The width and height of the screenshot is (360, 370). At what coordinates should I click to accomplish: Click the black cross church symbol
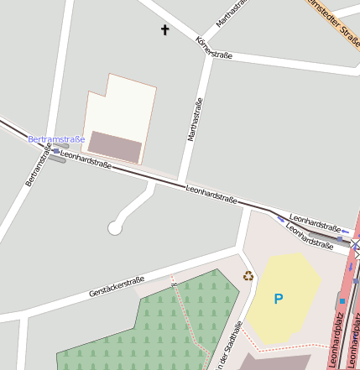164,30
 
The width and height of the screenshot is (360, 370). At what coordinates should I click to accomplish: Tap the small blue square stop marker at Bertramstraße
56,151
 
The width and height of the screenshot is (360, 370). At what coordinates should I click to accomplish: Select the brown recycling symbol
248,275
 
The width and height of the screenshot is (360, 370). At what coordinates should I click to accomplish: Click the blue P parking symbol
279,299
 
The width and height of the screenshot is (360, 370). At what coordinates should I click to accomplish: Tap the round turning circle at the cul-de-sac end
115,227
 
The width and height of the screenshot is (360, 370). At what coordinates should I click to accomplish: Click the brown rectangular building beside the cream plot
115,146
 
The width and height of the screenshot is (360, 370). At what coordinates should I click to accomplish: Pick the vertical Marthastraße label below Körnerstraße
195,120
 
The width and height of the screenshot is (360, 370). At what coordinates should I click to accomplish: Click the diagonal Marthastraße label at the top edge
233,13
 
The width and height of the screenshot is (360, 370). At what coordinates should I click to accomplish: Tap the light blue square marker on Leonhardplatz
342,300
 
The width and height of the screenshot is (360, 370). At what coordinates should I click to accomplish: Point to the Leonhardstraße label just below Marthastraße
211,196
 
